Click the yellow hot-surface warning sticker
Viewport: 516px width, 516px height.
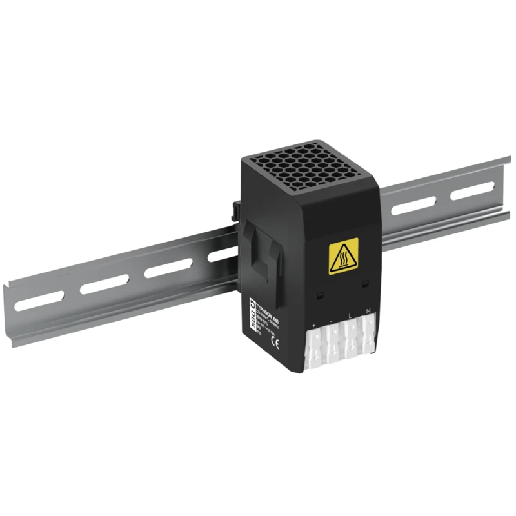click(x=343, y=258)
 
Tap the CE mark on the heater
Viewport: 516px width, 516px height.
click(x=276, y=344)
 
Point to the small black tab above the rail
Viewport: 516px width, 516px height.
click(x=233, y=210)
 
